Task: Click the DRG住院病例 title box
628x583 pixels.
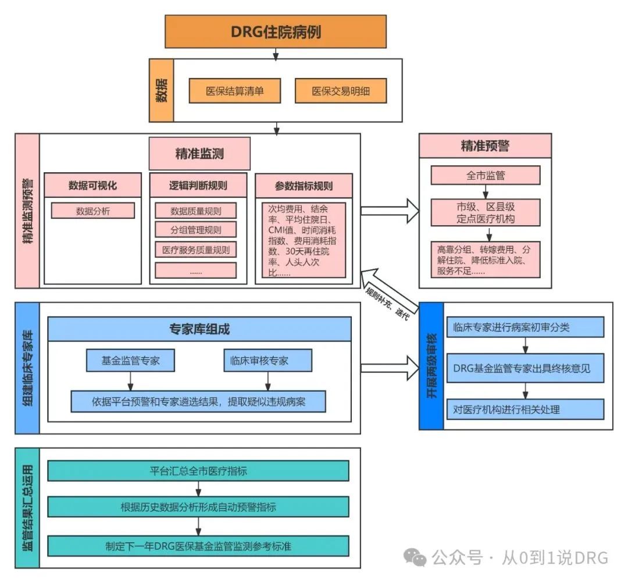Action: [276, 31]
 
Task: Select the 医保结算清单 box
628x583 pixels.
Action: [235, 91]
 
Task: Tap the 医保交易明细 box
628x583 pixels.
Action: [341, 91]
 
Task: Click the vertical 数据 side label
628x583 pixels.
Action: [161, 90]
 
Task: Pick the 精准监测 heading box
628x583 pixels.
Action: [199, 154]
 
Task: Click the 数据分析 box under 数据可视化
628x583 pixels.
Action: [93, 211]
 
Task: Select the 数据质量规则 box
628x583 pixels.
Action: [195, 211]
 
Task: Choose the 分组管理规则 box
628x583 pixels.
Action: [195, 229]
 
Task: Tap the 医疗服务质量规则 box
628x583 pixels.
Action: [195, 250]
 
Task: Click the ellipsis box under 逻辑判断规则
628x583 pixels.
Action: [195, 271]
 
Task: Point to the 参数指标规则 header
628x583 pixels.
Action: [304, 186]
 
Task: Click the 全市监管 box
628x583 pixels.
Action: [485, 175]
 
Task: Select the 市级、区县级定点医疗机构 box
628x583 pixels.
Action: [485, 213]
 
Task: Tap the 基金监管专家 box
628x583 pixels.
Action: [130, 361]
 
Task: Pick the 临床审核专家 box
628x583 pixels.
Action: [267, 361]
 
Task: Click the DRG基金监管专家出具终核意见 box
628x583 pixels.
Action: [525, 369]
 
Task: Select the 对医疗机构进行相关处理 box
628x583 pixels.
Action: [525, 409]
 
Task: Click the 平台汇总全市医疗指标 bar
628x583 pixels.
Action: [198, 471]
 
